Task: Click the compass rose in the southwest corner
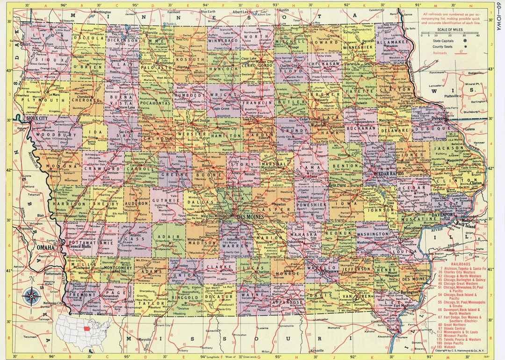click(x=32, y=295)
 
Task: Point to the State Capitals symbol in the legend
click(x=465, y=41)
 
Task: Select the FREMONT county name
click(x=84, y=296)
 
